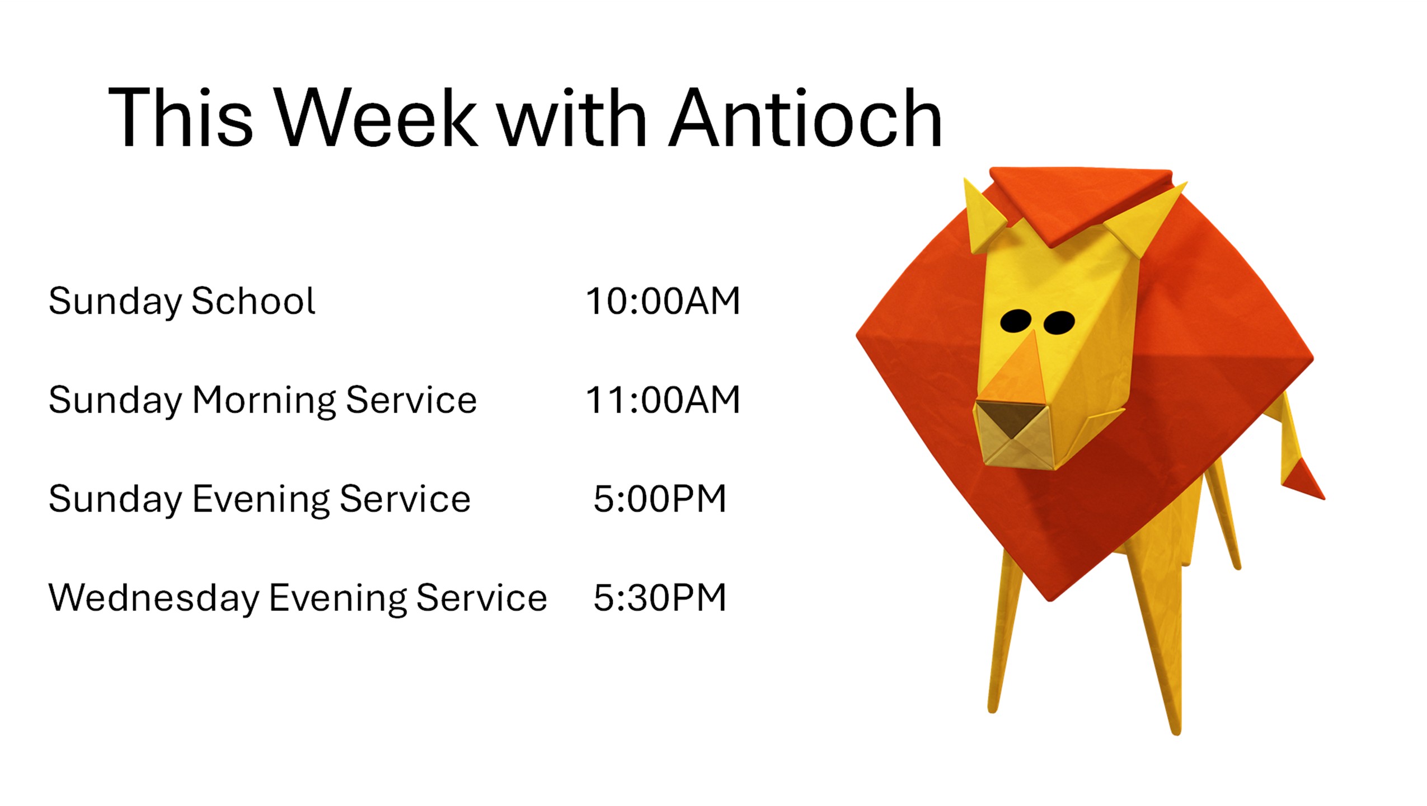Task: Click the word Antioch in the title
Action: pos(805,118)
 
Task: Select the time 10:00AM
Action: pos(663,301)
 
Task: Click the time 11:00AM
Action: pos(663,400)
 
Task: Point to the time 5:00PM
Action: pos(660,499)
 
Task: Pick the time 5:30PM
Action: pos(660,598)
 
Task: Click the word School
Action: pos(254,301)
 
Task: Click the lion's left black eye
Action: pos(1016,321)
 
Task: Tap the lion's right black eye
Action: pos(1059,322)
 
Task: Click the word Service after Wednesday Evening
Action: pos(482,598)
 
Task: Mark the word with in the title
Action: pos(572,118)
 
